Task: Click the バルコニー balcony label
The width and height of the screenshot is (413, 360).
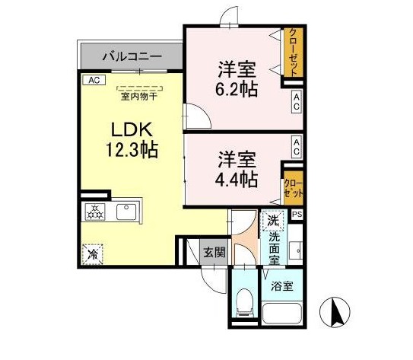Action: pyautogui.click(x=132, y=56)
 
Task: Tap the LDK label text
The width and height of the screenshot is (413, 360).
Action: pyautogui.click(x=132, y=129)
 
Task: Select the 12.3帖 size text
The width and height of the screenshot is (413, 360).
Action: pyautogui.click(x=132, y=149)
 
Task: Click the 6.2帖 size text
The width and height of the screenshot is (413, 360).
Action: pyautogui.click(x=237, y=89)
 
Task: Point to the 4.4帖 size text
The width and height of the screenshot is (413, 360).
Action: pyautogui.click(x=237, y=180)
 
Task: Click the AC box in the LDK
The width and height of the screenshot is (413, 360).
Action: pyautogui.click(x=94, y=80)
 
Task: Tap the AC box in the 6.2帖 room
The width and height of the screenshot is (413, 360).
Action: pyautogui.click(x=297, y=102)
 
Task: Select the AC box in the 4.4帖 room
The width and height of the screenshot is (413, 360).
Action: pyautogui.click(x=297, y=148)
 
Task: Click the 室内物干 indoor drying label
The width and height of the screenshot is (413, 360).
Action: pyautogui.click(x=139, y=97)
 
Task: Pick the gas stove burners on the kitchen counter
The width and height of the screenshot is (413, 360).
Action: pyautogui.click(x=95, y=212)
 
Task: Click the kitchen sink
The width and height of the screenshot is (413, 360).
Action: pyautogui.click(x=126, y=212)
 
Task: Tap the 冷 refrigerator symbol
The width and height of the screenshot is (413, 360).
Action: pyautogui.click(x=92, y=254)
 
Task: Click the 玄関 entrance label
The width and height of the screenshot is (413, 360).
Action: pyautogui.click(x=214, y=253)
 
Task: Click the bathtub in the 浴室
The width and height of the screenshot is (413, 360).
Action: pyautogui.click(x=282, y=314)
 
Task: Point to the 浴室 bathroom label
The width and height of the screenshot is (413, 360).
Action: pyautogui.click(x=282, y=286)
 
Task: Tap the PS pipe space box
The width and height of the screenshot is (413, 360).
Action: pyautogui.click(x=297, y=215)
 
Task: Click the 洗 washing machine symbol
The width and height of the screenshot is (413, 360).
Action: pyautogui.click(x=273, y=221)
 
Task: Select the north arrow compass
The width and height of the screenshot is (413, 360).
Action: pyautogui.click(x=335, y=312)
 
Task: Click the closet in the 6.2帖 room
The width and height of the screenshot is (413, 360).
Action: pyautogui.click(x=293, y=53)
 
